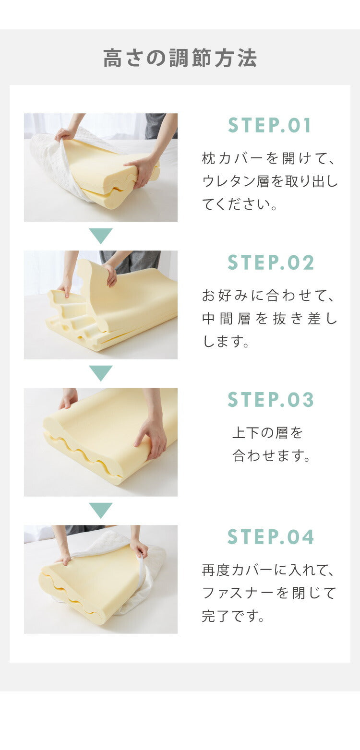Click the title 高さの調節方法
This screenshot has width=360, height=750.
pyautogui.click(x=180, y=58)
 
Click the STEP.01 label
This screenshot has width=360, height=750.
pyautogui.click(x=270, y=125)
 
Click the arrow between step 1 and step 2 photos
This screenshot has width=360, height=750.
pyautogui.click(x=101, y=236)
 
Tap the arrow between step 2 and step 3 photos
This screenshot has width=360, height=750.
pyautogui.click(x=101, y=373)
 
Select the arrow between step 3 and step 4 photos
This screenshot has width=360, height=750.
pyautogui.click(x=101, y=510)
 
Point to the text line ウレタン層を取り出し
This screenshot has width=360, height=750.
pyautogui.click(x=270, y=181)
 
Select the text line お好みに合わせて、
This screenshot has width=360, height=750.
pyautogui.click(x=269, y=296)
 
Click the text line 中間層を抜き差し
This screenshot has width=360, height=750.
pyautogui.click(x=270, y=319)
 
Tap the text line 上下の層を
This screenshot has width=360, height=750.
pyautogui.click(x=268, y=433)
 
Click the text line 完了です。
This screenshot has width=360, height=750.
pyautogui.click(x=234, y=617)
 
